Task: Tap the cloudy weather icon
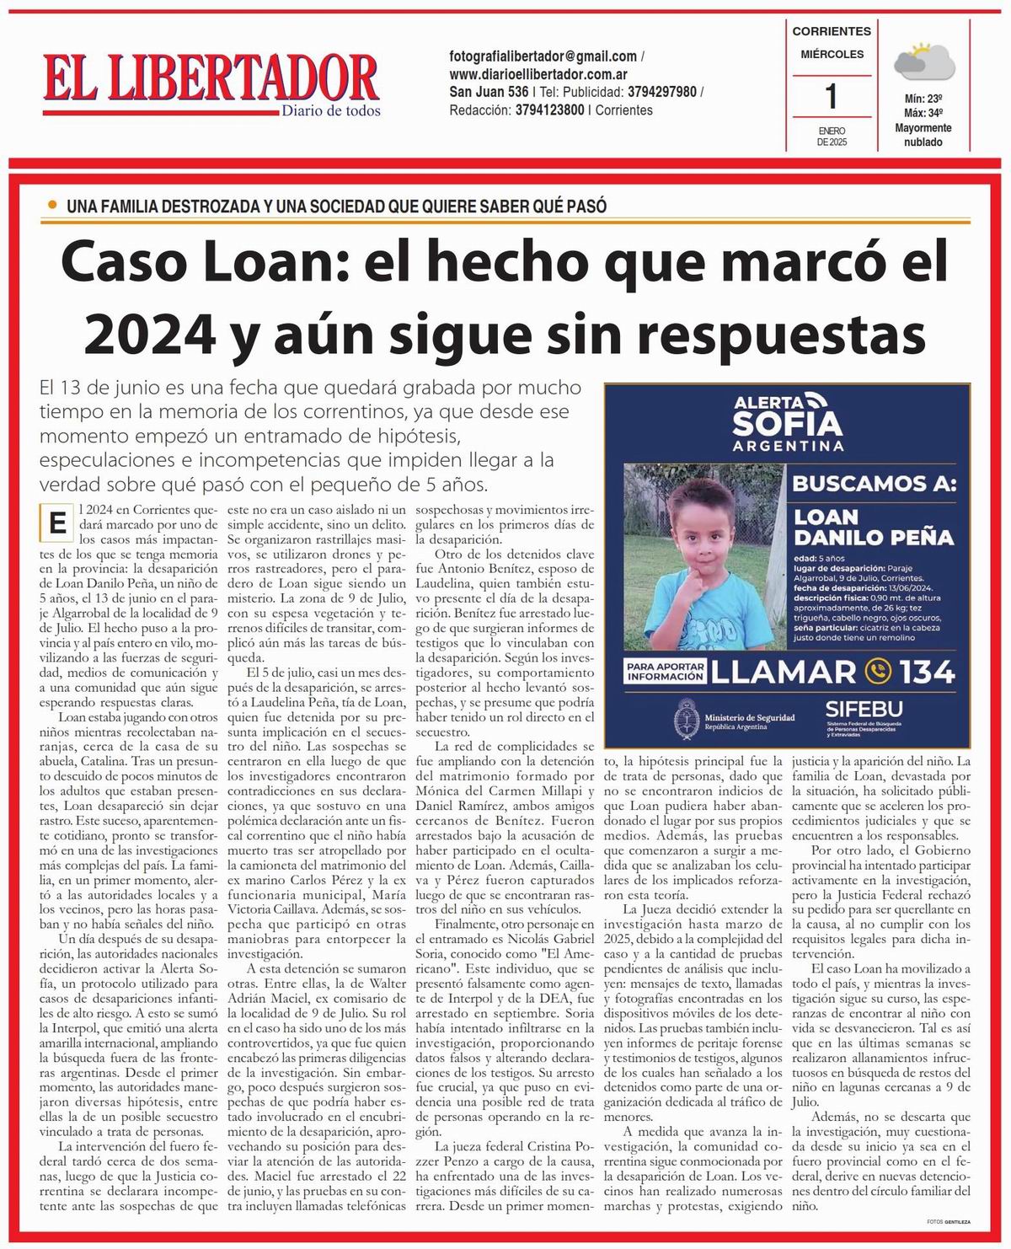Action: pyautogui.click(x=923, y=63)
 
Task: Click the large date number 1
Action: pyautogui.click(x=832, y=97)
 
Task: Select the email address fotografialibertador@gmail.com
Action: pyautogui.click(x=543, y=56)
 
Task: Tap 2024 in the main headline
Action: pyautogui.click(x=150, y=334)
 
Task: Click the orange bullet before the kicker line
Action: pyautogui.click(x=53, y=205)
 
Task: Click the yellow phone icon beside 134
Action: pyautogui.click(x=878, y=672)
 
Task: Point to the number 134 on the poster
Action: pyautogui.click(x=926, y=672)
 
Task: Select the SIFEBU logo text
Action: pyautogui.click(x=864, y=710)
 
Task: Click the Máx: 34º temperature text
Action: pyautogui.click(x=923, y=113)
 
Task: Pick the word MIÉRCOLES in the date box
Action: pyautogui.click(x=832, y=54)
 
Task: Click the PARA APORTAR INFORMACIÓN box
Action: pyautogui.click(x=665, y=671)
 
